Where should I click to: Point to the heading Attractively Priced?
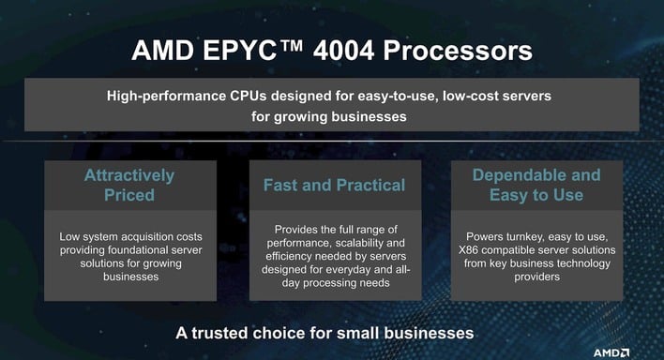(x=129, y=186)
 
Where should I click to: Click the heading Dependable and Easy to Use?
(x=536, y=186)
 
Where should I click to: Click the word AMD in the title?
(x=161, y=49)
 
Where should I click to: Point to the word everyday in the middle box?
(x=359, y=268)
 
